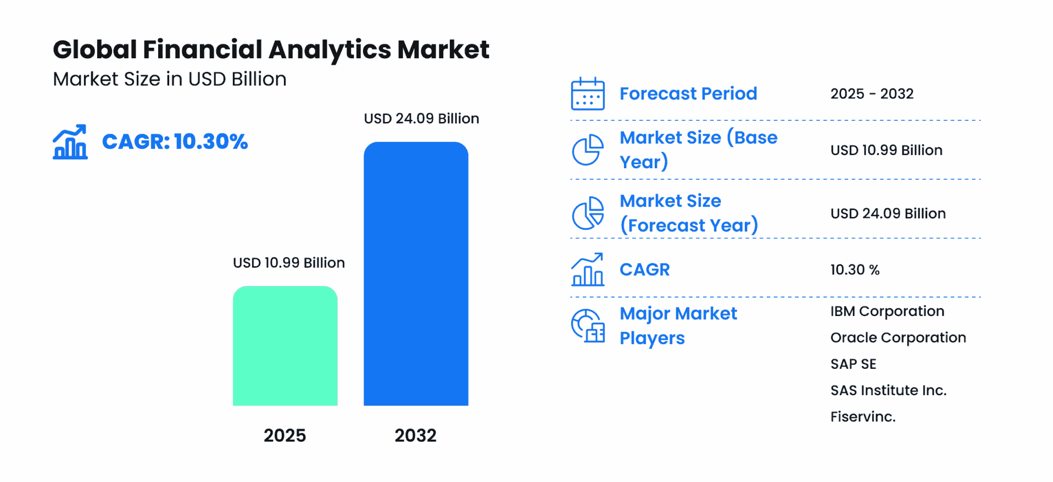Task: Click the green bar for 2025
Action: point(285,346)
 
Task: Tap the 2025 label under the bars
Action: point(285,435)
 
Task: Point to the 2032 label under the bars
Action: point(415,435)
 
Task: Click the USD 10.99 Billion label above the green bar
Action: point(288,263)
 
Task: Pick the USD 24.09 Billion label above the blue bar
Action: point(421,119)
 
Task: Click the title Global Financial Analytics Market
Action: point(271,49)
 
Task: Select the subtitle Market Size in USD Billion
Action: point(170,79)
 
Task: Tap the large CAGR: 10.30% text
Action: point(175,142)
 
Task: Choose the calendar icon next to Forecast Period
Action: point(588,94)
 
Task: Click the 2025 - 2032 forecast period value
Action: point(872,94)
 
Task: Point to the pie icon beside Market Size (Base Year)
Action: point(588,150)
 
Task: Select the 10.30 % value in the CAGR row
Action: point(855,270)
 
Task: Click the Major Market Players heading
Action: point(678,325)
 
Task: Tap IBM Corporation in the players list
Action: point(887,311)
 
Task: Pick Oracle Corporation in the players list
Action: point(898,337)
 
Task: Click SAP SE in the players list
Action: point(853,364)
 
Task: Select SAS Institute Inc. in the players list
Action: point(888,390)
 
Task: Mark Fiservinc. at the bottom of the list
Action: point(863,417)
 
